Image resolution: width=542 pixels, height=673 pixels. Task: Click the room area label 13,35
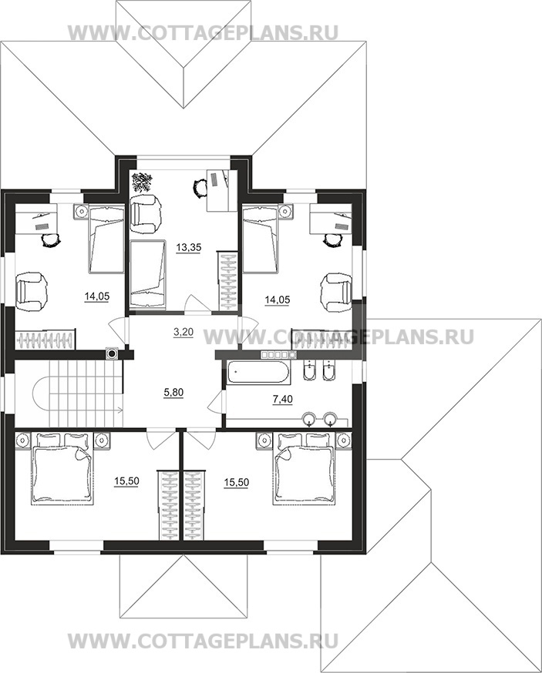coord(189,247)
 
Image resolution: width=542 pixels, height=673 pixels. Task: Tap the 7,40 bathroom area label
coord(283,399)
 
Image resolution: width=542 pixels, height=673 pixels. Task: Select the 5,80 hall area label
coord(174,392)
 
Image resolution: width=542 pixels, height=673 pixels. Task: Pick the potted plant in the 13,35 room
coord(141,182)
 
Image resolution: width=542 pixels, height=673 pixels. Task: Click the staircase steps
coord(86,393)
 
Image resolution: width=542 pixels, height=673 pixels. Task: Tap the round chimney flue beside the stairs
coord(113,353)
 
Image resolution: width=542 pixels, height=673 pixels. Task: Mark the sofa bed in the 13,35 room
coord(147,274)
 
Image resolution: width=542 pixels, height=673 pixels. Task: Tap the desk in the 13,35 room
coord(222,190)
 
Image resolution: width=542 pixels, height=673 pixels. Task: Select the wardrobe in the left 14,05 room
coord(45,340)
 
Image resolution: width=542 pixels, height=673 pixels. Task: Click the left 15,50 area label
coord(126,481)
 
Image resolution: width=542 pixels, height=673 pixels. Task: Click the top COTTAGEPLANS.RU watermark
coord(204,32)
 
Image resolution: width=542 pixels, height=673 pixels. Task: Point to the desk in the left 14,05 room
coord(36,219)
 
